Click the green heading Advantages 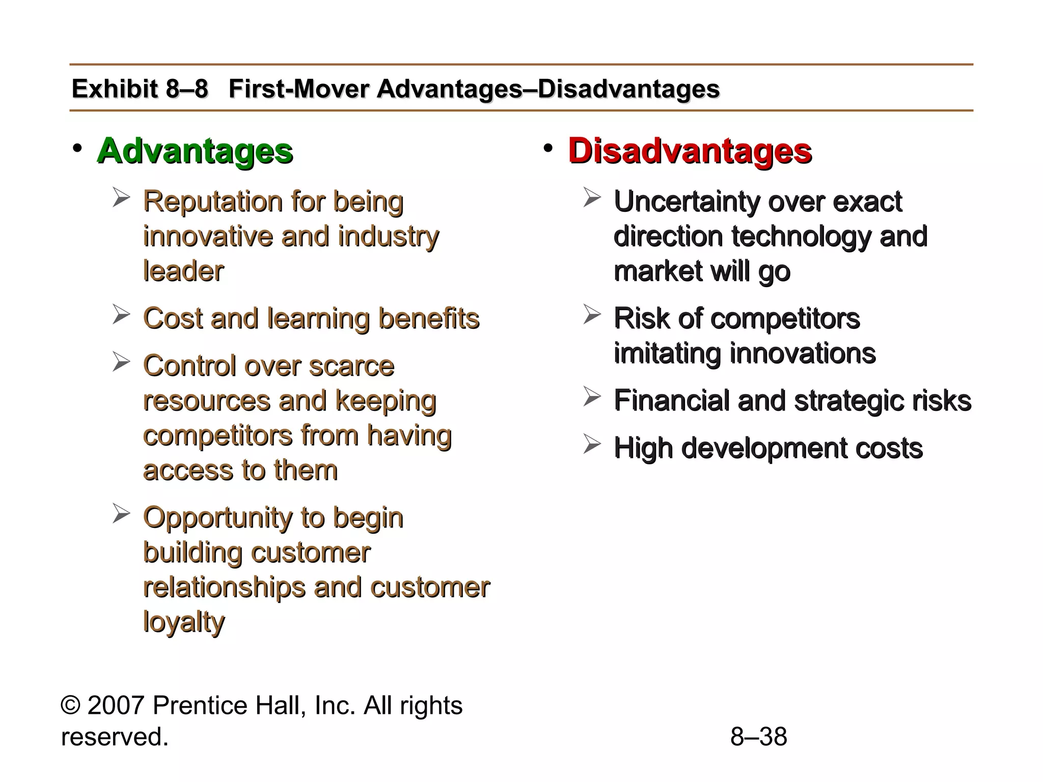tap(195, 151)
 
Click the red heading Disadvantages tap(690, 151)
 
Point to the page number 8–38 tap(758, 737)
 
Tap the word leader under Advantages tap(183, 271)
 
